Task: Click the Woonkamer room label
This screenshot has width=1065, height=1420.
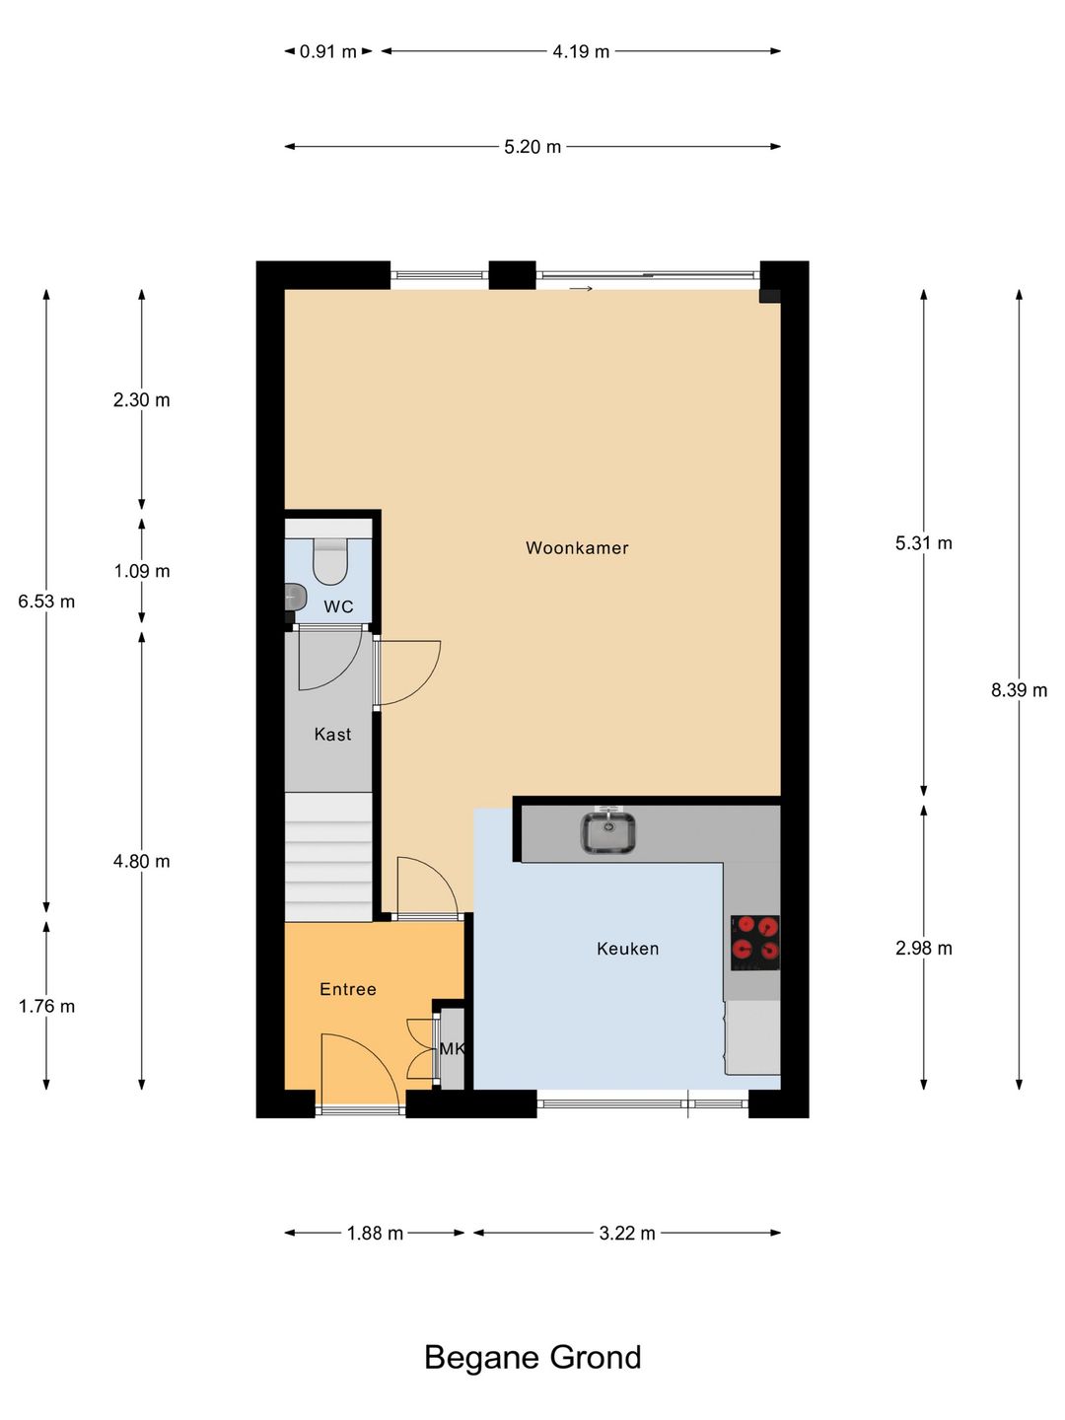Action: [x=577, y=548]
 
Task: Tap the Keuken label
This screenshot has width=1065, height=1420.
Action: [x=627, y=949]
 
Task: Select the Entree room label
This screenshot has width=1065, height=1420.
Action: [x=348, y=989]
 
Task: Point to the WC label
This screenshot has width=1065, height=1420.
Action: [x=339, y=606]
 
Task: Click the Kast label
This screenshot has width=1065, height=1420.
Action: [x=332, y=735]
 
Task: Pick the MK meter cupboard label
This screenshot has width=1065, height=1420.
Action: [x=452, y=1048]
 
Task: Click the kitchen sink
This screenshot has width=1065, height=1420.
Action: [x=607, y=831]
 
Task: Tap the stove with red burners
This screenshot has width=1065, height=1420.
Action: [x=755, y=942]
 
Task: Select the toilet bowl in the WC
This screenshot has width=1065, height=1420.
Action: [x=329, y=562]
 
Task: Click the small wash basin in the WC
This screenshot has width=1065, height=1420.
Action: [x=295, y=597]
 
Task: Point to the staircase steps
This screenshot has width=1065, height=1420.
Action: [x=328, y=857]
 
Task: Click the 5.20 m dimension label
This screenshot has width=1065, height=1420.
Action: [x=532, y=147]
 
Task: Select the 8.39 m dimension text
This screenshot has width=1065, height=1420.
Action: [x=1019, y=690]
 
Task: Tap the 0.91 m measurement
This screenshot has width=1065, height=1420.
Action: [x=327, y=51]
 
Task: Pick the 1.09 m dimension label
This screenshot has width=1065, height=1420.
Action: [x=142, y=571]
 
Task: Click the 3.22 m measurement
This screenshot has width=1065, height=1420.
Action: [x=626, y=1234]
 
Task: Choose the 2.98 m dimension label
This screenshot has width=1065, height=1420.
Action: [x=923, y=949]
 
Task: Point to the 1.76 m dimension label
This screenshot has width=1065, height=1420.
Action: [x=46, y=1006]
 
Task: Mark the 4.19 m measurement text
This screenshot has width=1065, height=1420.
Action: [x=581, y=51]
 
